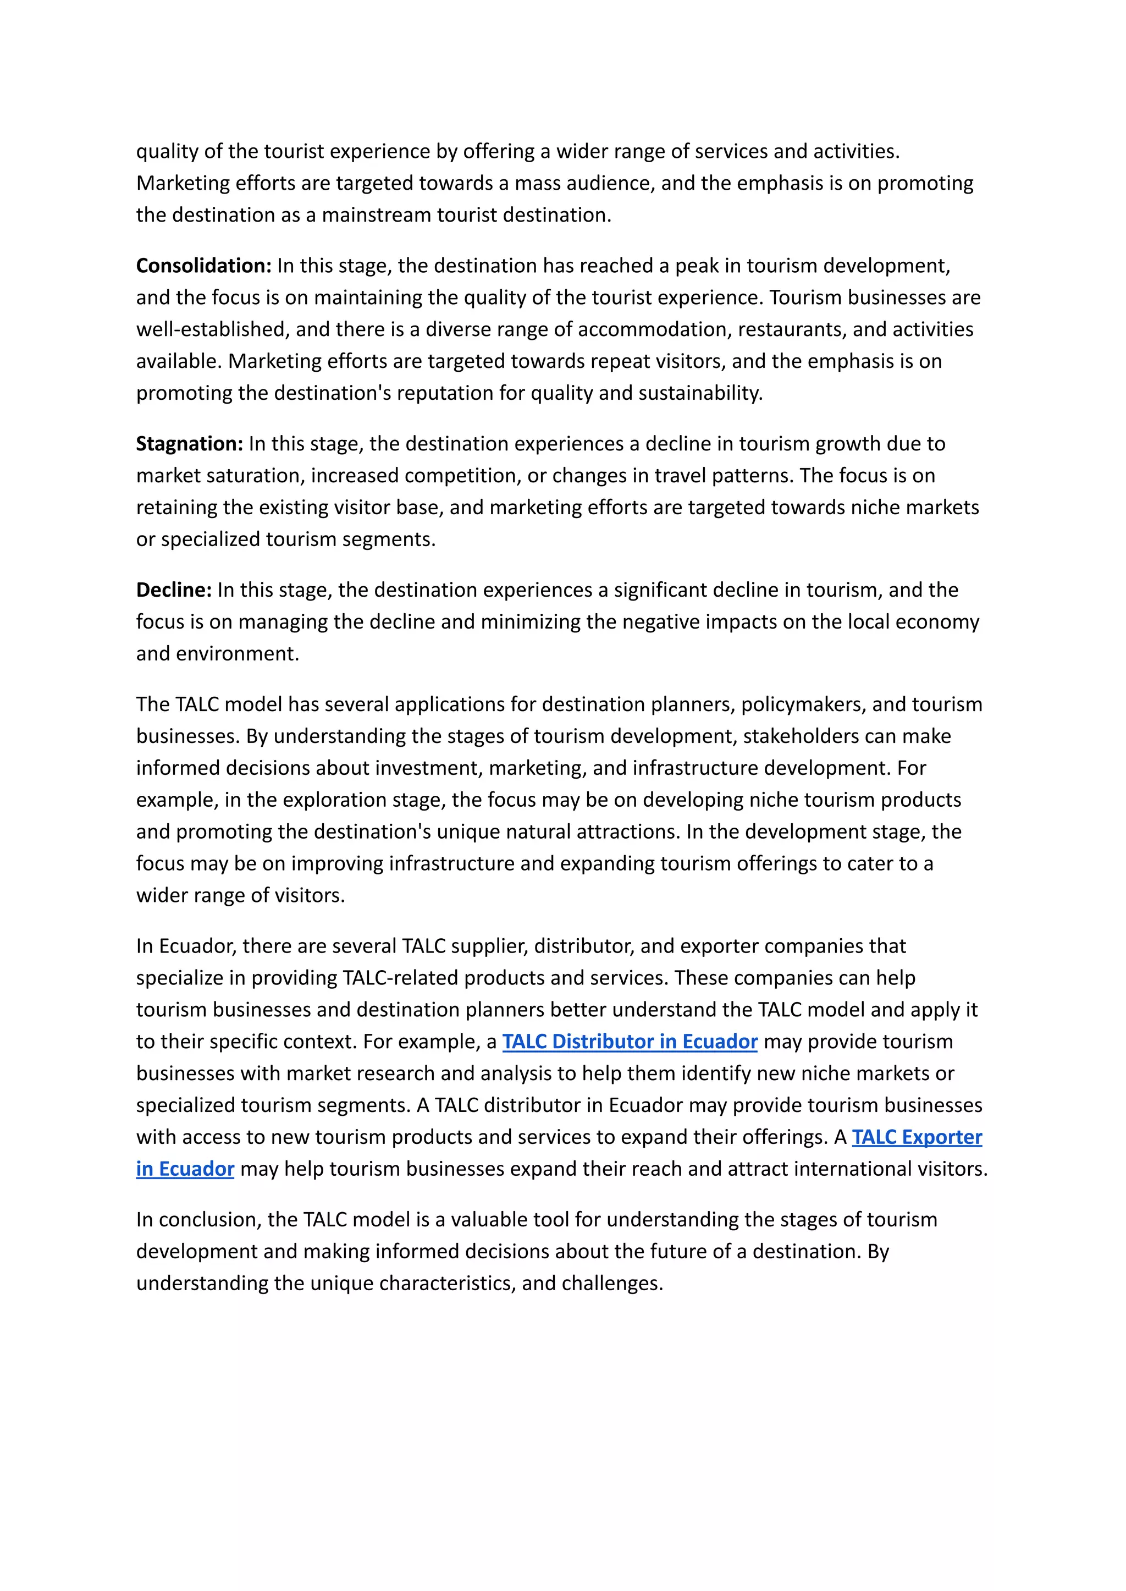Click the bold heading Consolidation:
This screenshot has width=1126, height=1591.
[203, 266]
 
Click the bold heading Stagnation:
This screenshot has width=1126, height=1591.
[189, 444]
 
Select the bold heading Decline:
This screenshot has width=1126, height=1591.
[173, 590]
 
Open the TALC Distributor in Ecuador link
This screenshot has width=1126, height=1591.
[630, 1042]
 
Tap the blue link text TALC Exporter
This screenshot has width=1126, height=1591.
[917, 1137]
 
